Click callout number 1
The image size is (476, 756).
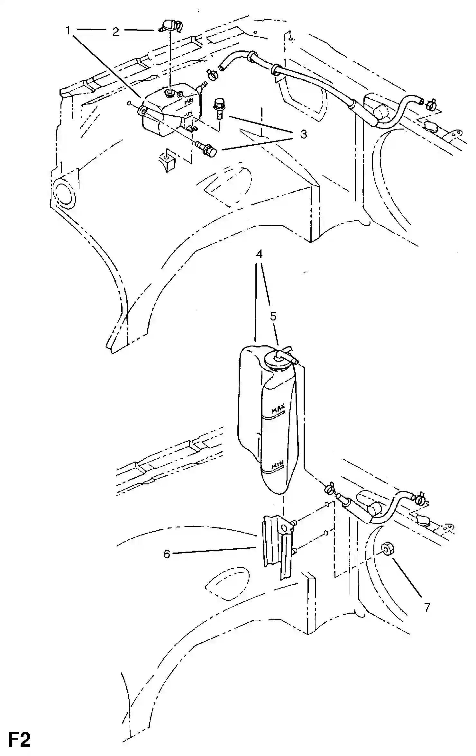tap(68, 31)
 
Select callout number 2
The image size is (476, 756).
tap(115, 32)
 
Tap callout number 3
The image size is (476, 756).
tap(303, 134)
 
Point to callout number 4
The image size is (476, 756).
tap(259, 254)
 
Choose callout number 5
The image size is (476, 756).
tap(273, 316)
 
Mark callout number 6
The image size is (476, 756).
tap(167, 554)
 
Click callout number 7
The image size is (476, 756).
tap(427, 607)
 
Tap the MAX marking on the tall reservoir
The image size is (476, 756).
tap(278, 409)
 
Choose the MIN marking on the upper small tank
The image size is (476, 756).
tap(188, 114)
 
